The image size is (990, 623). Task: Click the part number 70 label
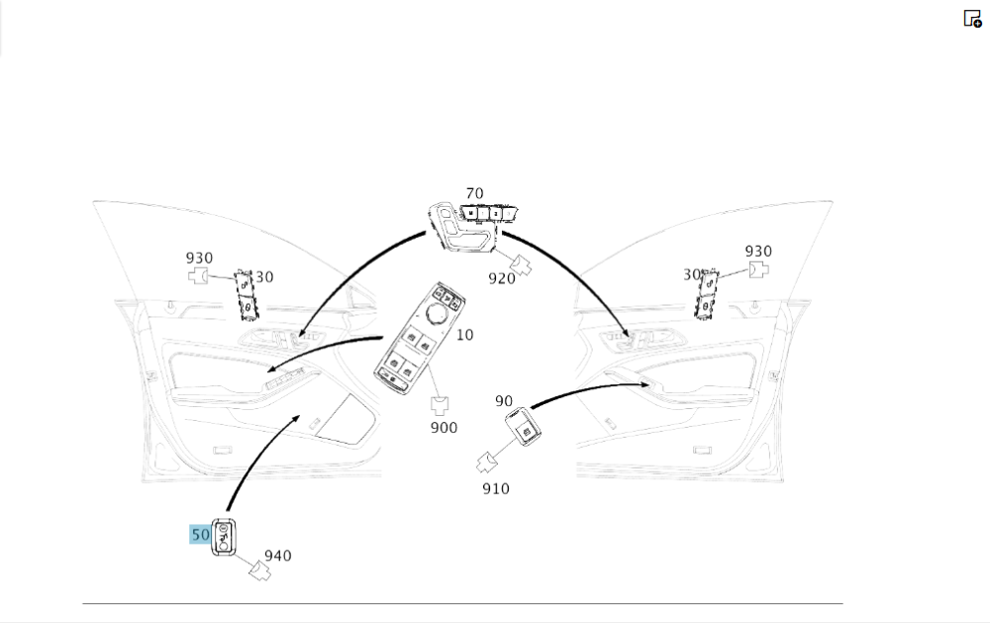[x=474, y=193]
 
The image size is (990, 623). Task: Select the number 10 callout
[x=464, y=335]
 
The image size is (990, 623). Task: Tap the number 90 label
[x=504, y=401]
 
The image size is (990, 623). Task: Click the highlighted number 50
[x=200, y=535]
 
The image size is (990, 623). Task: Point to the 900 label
[x=444, y=427]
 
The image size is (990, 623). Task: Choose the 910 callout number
[x=495, y=488]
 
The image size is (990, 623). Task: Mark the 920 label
[x=502, y=278]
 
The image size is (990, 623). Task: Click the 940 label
[x=277, y=556]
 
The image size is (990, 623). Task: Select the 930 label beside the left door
[x=199, y=259]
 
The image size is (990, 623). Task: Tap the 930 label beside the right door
[x=758, y=252]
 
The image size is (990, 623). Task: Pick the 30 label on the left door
[x=264, y=277]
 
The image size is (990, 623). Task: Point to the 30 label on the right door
[x=691, y=274]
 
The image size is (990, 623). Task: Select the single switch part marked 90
[x=525, y=427]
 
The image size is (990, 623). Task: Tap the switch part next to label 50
[x=225, y=536]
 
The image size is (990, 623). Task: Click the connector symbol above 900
[x=441, y=405]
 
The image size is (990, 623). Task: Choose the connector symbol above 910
[x=488, y=461]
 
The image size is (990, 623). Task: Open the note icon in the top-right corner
[x=972, y=18]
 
